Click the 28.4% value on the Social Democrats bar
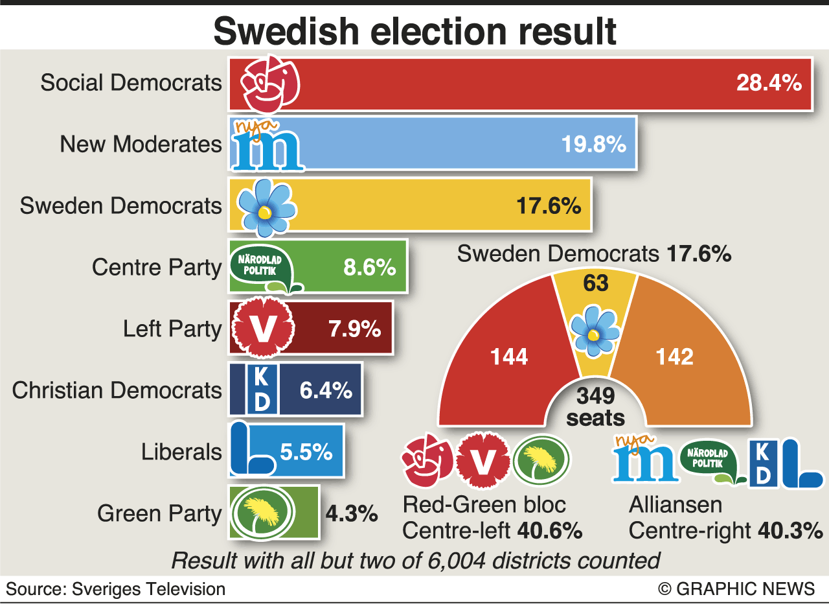(x=769, y=83)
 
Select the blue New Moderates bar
(x=453, y=144)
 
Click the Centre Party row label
(x=157, y=267)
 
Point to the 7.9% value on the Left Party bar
(x=354, y=329)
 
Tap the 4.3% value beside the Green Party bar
(x=352, y=513)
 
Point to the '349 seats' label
(x=595, y=406)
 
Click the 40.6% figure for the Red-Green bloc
(x=550, y=531)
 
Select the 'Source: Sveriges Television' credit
(x=116, y=589)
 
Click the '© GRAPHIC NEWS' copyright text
(x=736, y=589)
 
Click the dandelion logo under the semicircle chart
(x=541, y=461)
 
